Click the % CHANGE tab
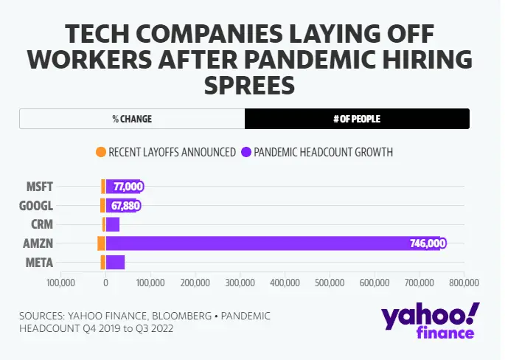tap(132, 119)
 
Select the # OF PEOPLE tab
tap(357, 119)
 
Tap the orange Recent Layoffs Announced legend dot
tap(101, 153)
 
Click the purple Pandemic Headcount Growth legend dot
tap(245, 153)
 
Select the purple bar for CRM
tap(113, 224)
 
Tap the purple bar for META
tap(115, 262)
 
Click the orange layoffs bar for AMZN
tap(102, 243)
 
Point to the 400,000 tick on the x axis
tap(285, 283)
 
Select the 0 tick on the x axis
tap(106, 283)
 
